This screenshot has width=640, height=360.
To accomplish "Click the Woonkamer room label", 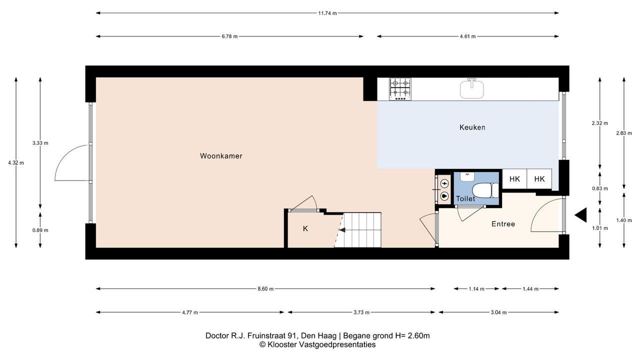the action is tap(221, 156).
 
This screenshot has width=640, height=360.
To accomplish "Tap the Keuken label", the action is tap(472, 127).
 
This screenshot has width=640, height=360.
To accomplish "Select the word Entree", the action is tap(503, 224).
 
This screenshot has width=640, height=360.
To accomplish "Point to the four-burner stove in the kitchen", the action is tap(400, 89).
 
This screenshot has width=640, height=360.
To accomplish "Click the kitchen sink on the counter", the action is tap(472, 88).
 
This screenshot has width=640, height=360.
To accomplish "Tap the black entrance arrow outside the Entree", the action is tap(580, 215).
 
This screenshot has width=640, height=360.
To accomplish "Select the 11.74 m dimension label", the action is tap(327, 13).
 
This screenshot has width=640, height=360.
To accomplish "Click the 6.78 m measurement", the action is tap(229, 36).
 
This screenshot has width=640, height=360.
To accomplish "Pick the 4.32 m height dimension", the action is tap(16, 163).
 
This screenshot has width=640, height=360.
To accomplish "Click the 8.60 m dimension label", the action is tap(265, 289).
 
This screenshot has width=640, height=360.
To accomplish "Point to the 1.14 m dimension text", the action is tap(476, 289).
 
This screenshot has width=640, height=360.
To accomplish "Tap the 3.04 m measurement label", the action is tap(498, 312).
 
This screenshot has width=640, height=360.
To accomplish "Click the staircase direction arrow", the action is tap(342, 229).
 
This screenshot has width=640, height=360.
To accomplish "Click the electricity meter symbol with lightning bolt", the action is tap(444, 183).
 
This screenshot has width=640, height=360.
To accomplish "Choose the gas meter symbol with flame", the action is tap(444, 196).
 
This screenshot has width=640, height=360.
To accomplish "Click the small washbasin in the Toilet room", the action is tap(467, 176).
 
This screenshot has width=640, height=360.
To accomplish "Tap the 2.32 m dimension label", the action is tap(599, 123).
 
